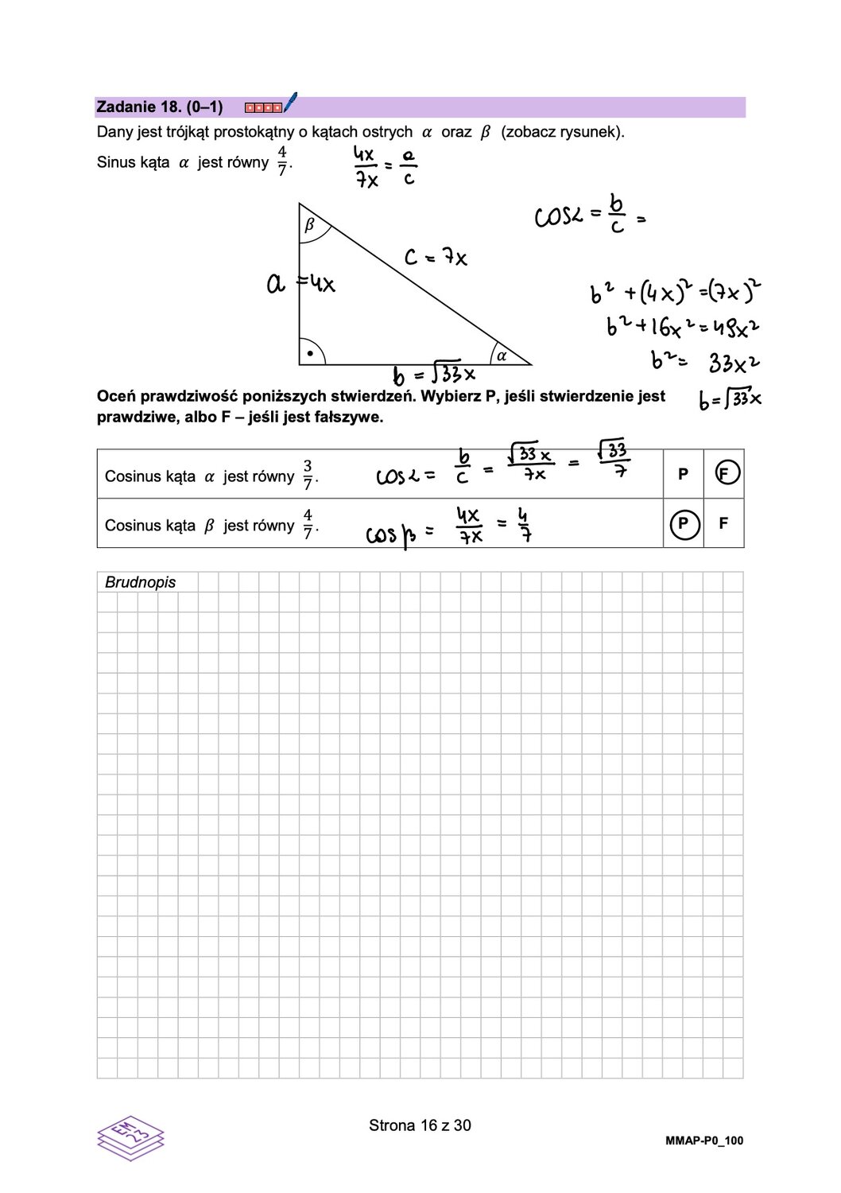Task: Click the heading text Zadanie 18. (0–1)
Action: [x=159, y=107]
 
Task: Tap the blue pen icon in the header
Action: [x=290, y=102]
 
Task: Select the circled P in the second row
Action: [x=684, y=524]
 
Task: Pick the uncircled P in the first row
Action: [x=683, y=474]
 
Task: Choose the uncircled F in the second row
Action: [x=723, y=523]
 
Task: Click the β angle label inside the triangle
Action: [x=310, y=225]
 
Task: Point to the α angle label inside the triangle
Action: [x=502, y=356]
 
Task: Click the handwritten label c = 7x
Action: [x=435, y=257]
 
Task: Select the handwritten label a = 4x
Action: [x=300, y=282]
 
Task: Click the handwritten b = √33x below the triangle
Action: [x=434, y=373]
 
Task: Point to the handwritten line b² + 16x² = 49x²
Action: [x=682, y=326]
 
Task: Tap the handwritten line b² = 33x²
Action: [x=704, y=362]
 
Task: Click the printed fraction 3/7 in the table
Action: [x=308, y=475]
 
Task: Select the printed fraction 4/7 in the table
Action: [x=308, y=524]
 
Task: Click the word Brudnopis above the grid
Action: [x=140, y=582]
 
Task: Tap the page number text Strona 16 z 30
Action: [x=420, y=1125]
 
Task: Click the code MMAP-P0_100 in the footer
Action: [x=703, y=1141]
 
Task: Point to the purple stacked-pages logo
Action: [x=130, y=1137]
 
